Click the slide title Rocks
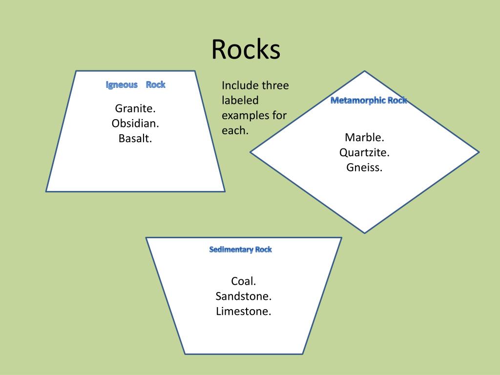click(246, 50)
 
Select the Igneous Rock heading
click(136, 85)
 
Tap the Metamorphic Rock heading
click(369, 101)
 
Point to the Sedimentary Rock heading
click(240, 250)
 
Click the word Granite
click(135, 108)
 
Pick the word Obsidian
click(135, 123)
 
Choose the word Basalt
click(135, 138)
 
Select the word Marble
click(364, 137)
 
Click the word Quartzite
click(364, 152)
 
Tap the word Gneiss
click(364, 167)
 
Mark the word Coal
click(243, 281)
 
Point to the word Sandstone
click(243, 296)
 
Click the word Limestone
click(243, 311)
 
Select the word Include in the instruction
click(240, 86)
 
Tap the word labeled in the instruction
click(240, 101)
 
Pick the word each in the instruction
click(234, 131)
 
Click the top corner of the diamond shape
click(365, 71)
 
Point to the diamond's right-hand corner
click(479, 152)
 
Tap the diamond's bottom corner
click(365, 233)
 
